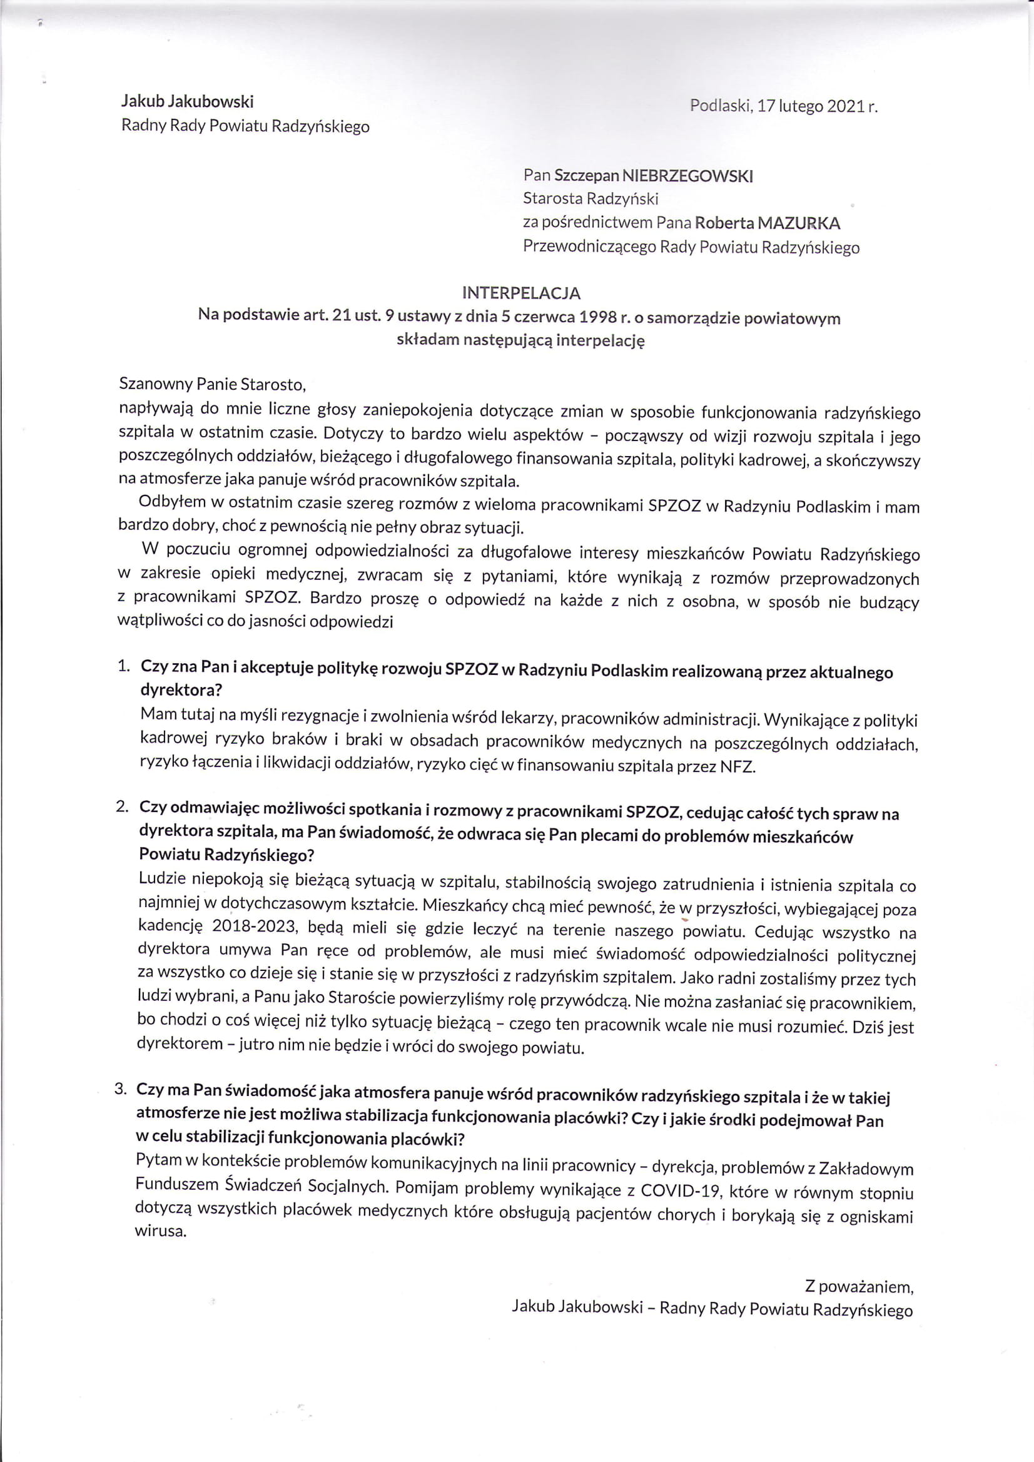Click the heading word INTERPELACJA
521,293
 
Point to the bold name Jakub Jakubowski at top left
188,101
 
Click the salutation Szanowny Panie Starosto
213,384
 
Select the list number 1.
123,666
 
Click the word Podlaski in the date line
719,106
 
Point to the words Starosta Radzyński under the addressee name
590,199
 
